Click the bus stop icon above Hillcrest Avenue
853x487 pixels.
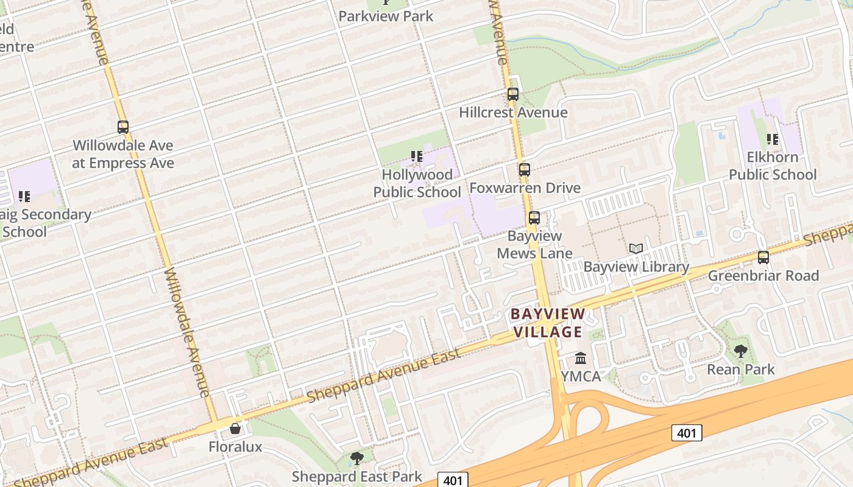click(x=513, y=94)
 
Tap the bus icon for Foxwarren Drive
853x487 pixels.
click(x=525, y=170)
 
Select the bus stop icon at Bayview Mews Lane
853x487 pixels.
click(x=534, y=218)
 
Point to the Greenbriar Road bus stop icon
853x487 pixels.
click(x=763, y=258)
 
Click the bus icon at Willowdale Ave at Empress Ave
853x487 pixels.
click(x=123, y=127)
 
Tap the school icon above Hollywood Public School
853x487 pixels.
click(x=417, y=156)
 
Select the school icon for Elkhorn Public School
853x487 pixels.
click(x=773, y=139)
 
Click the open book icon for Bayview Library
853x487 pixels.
click(x=636, y=248)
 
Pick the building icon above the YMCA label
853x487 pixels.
click(x=581, y=358)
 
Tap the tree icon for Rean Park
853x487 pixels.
click(x=741, y=351)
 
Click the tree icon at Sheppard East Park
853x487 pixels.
click(x=357, y=458)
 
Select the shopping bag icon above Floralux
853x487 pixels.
click(x=235, y=429)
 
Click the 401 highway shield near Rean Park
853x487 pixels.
click(x=687, y=433)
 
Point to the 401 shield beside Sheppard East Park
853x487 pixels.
click(x=453, y=480)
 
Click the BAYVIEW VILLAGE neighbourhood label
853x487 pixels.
click(x=547, y=323)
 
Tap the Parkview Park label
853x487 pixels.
click(x=386, y=16)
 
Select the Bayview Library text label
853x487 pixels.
click(x=636, y=267)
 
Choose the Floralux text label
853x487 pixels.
click(x=235, y=447)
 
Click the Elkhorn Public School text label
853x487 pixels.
click(x=773, y=166)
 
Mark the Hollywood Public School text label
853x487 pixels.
click(x=417, y=183)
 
